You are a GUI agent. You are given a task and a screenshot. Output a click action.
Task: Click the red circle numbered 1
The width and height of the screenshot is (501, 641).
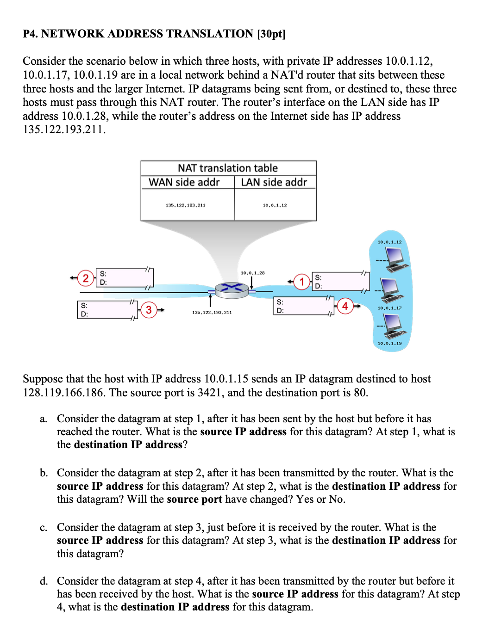pos(302,282)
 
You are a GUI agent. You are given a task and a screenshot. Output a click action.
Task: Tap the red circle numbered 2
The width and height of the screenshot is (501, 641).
pos(86,278)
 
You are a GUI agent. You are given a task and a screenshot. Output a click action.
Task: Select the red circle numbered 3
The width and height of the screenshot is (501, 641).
pos(149,310)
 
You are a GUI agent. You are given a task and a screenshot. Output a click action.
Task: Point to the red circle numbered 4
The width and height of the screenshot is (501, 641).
pos(345,306)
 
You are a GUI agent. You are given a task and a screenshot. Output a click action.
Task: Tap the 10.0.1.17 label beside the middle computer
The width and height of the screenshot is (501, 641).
pos(389,308)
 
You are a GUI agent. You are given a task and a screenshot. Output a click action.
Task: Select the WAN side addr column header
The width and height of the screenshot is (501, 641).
pos(184,182)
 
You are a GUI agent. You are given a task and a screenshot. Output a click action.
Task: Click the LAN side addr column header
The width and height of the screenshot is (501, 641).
pos(274,182)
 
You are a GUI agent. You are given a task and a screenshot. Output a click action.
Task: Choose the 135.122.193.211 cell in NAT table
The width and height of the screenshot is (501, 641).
pos(185,205)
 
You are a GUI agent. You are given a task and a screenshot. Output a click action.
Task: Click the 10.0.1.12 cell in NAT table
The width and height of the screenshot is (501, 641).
pos(275,205)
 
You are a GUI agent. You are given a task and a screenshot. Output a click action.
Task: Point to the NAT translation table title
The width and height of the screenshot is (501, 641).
pos(228,168)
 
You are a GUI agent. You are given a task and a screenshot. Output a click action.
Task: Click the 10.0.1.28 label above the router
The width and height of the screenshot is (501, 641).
pos(252,273)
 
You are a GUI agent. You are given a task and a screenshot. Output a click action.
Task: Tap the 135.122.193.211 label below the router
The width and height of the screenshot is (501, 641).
pos(212,313)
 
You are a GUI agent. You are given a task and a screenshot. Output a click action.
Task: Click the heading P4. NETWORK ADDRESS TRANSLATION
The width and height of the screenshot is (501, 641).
pos(138,34)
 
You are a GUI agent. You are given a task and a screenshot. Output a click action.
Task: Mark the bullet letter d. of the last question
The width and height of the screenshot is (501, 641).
pos(44,581)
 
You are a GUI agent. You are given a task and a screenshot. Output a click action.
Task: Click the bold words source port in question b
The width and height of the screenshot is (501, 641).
pos(194,499)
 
